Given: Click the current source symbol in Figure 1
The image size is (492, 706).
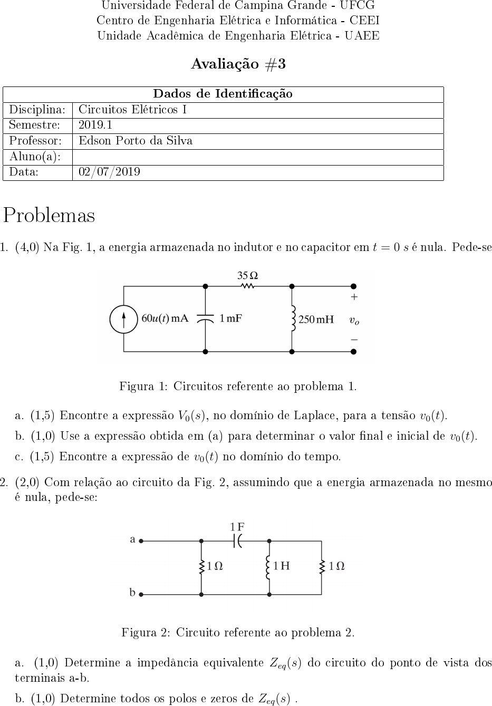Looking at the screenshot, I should [124, 319].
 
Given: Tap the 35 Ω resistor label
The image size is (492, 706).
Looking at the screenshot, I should [247, 275].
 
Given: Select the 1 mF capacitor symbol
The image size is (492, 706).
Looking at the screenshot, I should [205, 318].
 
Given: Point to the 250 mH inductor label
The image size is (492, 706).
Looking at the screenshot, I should [316, 320].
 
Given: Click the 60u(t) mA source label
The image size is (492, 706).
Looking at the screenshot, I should [165, 318].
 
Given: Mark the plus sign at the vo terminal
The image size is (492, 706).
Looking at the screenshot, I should [354, 297].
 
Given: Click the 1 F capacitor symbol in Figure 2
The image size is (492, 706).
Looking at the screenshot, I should [238, 540].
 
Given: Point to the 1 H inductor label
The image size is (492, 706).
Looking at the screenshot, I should [282, 566].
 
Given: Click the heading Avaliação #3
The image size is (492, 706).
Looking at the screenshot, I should [238, 64].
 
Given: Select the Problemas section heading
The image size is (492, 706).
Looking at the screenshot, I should [50, 216].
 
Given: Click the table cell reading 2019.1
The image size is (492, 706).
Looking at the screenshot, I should [95, 125].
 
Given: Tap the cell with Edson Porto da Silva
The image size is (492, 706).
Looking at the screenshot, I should [136, 141].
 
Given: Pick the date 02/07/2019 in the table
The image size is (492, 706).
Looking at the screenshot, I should [109, 172].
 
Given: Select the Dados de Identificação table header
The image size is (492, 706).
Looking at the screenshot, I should [223, 94].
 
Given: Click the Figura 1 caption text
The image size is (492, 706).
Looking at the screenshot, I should [238, 386].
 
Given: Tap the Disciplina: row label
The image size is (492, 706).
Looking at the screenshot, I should [37, 110].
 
